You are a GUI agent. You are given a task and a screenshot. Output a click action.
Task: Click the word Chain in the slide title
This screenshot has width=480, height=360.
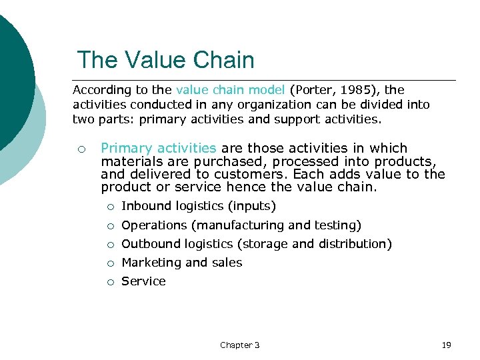224,61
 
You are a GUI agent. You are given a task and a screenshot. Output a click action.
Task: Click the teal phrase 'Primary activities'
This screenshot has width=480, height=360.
159,148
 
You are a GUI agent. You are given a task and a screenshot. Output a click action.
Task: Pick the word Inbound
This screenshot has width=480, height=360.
145,207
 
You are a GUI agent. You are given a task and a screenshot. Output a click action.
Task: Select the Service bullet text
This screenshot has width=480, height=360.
143,281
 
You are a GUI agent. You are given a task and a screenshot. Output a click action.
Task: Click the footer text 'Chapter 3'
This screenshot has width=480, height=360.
240,345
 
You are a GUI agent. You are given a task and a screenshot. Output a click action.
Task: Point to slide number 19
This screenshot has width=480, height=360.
447,345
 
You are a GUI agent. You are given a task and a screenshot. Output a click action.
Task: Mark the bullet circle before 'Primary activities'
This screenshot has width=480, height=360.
80,149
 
